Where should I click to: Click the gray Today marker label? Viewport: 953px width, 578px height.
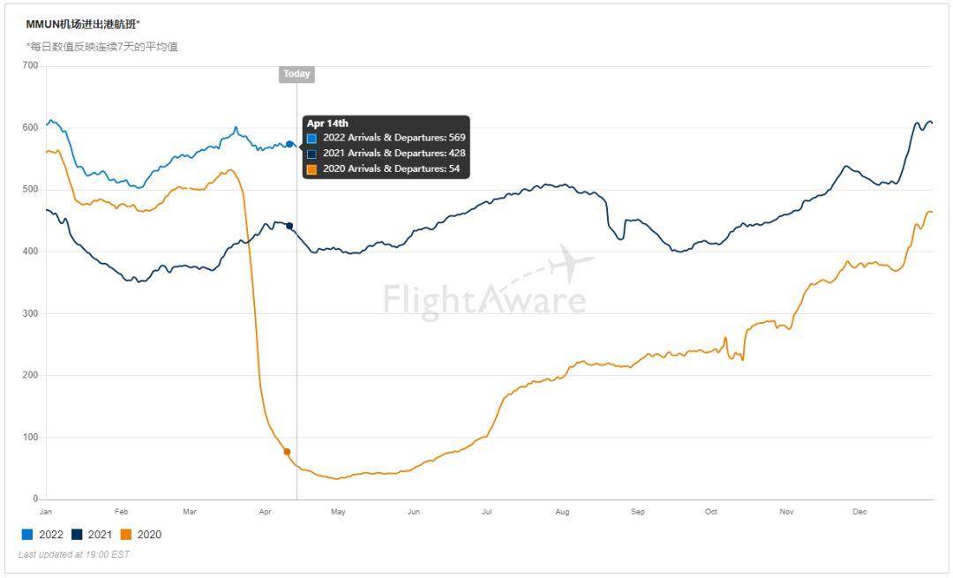click(296, 74)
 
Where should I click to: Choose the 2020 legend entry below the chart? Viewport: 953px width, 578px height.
click(140, 534)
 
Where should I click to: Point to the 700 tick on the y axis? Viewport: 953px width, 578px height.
click(30, 65)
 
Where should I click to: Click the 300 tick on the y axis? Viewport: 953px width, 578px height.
click(30, 313)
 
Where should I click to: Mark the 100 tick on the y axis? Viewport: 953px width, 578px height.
click(30, 438)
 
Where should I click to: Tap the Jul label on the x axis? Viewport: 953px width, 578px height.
click(487, 512)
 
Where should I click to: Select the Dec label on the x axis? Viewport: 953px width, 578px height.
click(859, 512)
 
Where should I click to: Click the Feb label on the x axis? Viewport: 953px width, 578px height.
click(121, 512)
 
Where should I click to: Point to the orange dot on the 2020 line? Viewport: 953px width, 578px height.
click(287, 452)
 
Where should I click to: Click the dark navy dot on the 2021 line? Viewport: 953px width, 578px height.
click(289, 226)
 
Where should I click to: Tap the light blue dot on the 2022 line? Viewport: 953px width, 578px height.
click(289, 144)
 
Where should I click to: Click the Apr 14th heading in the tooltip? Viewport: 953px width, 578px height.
click(327, 124)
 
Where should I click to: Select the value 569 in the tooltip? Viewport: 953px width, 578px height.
click(456, 138)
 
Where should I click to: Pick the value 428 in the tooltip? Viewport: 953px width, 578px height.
click(456, 154)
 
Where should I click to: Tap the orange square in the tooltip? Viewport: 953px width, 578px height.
click(311, 169)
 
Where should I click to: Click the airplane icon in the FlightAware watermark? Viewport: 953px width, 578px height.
click(572, 262)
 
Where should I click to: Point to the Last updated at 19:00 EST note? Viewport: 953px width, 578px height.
click(74, 554)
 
